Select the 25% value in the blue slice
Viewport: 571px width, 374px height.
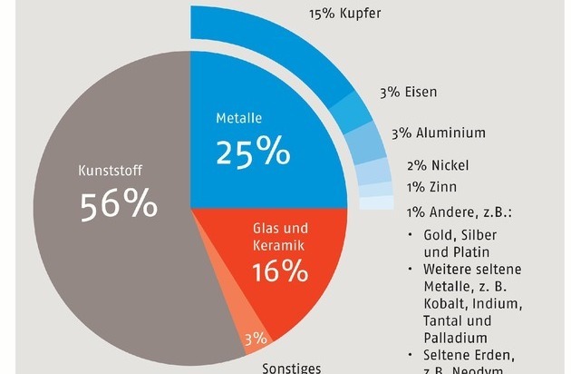point(252,152)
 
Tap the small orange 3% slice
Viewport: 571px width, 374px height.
point(255,339)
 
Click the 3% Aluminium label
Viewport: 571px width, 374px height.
point(438,133)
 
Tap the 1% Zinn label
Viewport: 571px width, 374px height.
point(431,187)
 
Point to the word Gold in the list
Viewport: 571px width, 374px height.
point(439,236)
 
